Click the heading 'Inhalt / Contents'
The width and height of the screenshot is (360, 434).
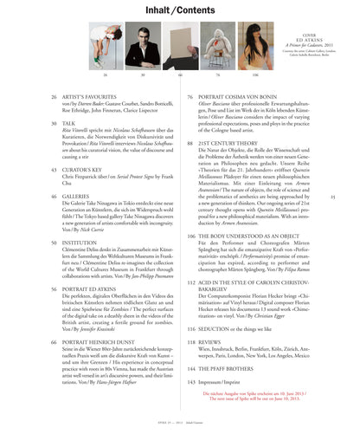point(179,10)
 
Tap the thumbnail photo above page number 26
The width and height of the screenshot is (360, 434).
point(104,49)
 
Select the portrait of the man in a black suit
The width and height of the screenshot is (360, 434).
point(142,49)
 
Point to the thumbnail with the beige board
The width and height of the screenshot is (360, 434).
point(217,49)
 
